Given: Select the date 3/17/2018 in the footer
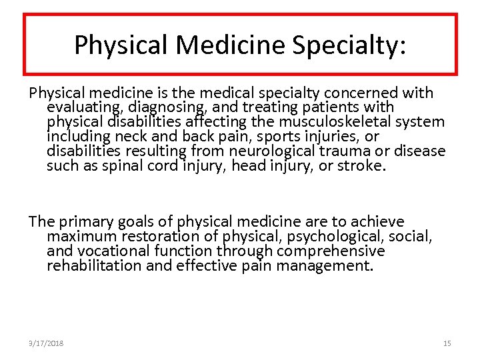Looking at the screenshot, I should click(x=46, y=343).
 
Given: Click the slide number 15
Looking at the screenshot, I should click(x=447, y=343).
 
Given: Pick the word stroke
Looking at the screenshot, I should click(x=360, y=165).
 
